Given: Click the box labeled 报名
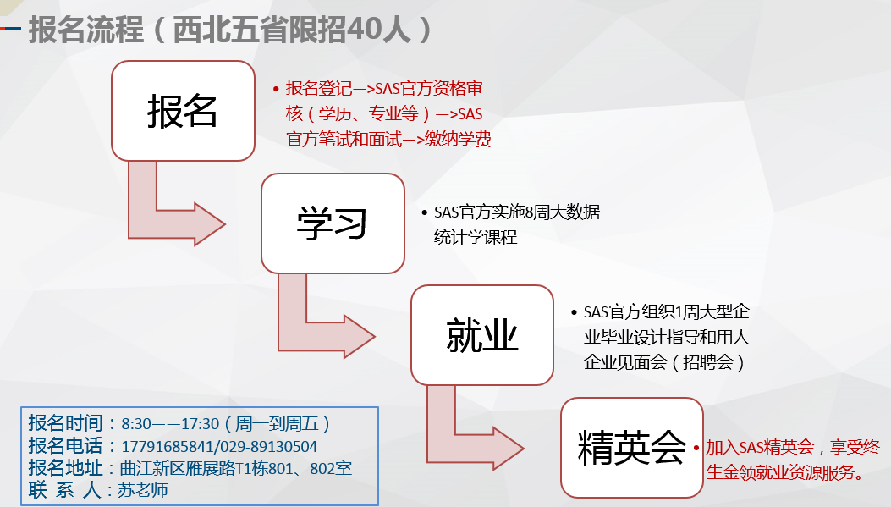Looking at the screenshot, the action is point(183,111).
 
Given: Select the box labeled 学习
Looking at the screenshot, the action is point(333,223).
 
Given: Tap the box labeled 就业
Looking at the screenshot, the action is point(481,335).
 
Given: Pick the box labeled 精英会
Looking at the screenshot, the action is point(632,448).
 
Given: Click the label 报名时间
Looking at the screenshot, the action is point(65,423).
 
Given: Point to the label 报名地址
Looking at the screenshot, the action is point(65,468).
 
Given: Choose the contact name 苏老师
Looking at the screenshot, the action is point(143,490).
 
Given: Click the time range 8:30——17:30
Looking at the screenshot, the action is point(170,424).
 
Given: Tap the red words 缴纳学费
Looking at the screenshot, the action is point(458,139).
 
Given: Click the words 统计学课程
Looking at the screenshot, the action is point(476,237).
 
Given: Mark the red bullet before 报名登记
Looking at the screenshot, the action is point(276,89).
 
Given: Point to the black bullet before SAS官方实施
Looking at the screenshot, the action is point(425,213).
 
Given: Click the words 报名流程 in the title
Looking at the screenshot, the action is point(85,30).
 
